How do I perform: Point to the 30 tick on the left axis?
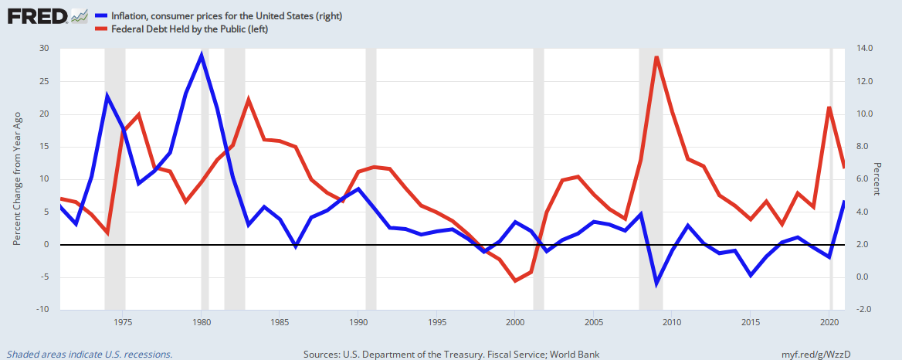[43, 49]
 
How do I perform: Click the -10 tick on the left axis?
[42, 309]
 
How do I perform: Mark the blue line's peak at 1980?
[202, 55]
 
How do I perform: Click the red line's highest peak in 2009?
[656, 57]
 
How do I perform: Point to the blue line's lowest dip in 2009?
[656, 284]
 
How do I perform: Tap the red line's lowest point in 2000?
[515, 280]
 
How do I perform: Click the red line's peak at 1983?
[248, 99]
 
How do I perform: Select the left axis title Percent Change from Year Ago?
[16, 178]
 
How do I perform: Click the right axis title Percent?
[877, 178]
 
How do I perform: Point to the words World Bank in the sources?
[572, 355]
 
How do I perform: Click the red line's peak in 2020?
[829, 107]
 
